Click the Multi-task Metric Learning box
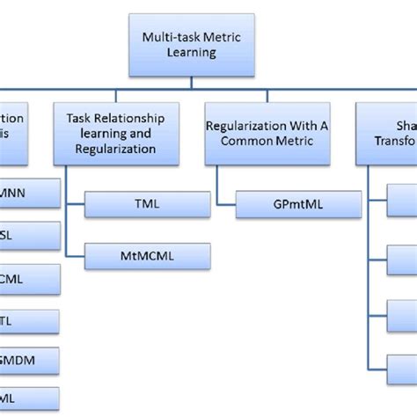tap(192, 44)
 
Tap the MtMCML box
tap(147, 257)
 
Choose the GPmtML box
tap(299, 205)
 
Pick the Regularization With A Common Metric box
tap(267, 134)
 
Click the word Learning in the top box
tap(191, 53)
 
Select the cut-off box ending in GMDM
tap(30, 361)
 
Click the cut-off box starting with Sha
tap(387, 134)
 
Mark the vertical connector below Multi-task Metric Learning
tap(192, 82)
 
